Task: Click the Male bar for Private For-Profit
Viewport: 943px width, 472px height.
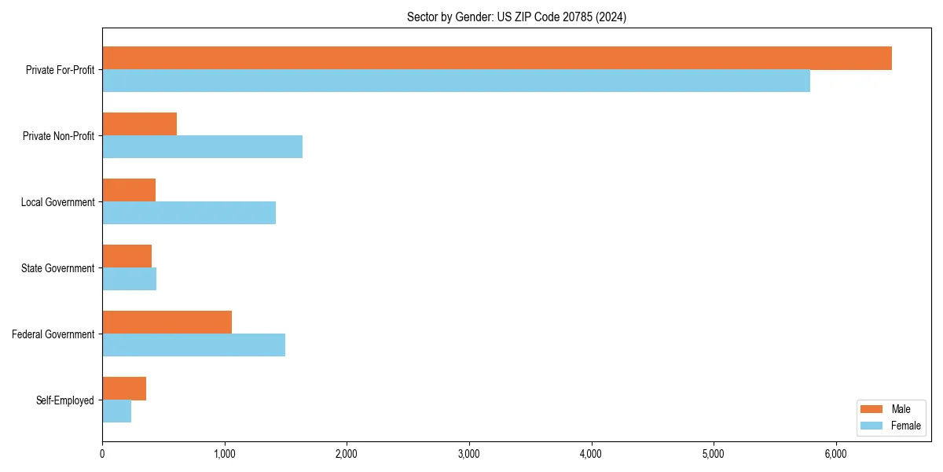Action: coord(497,58)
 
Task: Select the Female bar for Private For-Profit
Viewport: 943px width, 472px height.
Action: coord(456,81)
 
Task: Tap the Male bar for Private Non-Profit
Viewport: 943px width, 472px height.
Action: coord(139,124)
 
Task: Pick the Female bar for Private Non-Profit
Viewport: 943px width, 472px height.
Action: coord(202,147)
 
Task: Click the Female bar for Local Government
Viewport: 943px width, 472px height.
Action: coord(189,213)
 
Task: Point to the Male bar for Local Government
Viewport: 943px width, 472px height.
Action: coord(129,190)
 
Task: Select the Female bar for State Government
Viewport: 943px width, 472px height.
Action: coord(129,279)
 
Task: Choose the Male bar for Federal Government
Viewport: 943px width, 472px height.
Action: coord(167,323)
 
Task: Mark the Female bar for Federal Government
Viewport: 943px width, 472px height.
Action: coord(193,345)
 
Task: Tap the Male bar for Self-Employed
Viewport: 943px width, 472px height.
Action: coord(124,389)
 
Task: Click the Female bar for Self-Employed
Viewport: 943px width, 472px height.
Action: coord(116,411)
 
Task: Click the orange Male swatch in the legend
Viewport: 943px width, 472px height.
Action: coord(872,409)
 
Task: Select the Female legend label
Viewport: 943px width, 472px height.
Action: coord(906,426)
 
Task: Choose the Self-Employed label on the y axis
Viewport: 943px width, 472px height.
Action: coord(65,400)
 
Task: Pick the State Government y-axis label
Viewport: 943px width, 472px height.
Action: coord(58,268)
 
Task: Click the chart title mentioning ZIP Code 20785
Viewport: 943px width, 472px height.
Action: coord(516,17)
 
